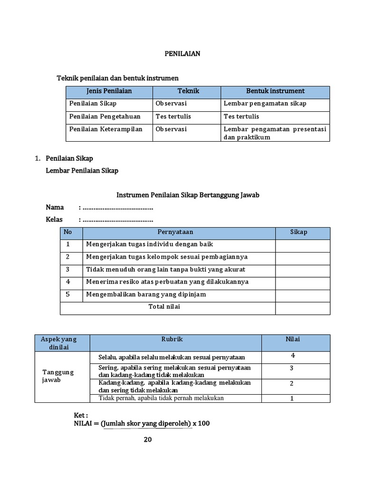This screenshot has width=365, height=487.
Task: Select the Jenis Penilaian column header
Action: click(x=109, y=91)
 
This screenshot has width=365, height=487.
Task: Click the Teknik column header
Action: click(x=188, y=91)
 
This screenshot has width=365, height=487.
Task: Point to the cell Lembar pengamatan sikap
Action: click(x=265, y=103)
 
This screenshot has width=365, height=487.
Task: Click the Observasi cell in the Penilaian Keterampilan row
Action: click(x=171, y=129)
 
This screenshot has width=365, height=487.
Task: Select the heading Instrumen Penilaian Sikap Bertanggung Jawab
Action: click(x=188, y=195)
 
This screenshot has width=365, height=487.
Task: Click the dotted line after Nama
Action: click(x=118, y=207)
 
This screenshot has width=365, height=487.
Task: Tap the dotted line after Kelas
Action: click(x=118, y=219)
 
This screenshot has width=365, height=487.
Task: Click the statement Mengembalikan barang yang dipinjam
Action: click(x=145, y=294)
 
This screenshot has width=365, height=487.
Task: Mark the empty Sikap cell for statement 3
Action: click(x=302, y=269)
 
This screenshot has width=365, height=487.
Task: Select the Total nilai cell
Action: click(x=164, y=307)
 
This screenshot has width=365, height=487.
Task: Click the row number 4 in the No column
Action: click(x=68, y=282)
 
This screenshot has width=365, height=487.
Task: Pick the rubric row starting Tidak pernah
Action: click(x=161, y=398)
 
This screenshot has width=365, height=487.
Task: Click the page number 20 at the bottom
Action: click(x=148, y=439)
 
